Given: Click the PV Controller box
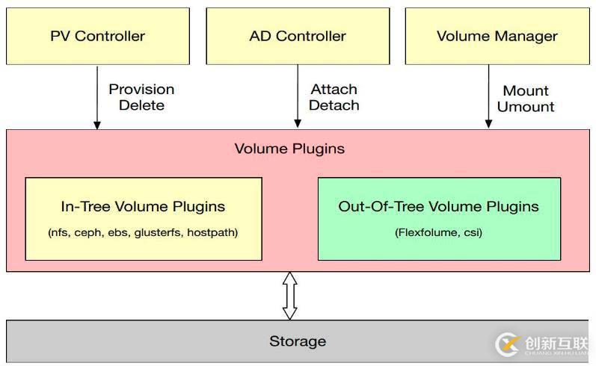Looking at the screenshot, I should coord(97,36).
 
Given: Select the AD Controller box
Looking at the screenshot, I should coord(298,36).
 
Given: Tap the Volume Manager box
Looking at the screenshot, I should coord(497,36).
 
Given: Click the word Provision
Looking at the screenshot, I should coord(141,89).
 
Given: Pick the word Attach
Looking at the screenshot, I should coord(334,89).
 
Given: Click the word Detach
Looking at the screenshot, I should coord(334,105).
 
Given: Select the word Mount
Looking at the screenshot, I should coord(526,90).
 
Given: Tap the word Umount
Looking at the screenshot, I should coord(526,107).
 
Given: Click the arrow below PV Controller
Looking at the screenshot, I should coord(96,97).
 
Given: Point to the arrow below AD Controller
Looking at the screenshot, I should coord(298,97).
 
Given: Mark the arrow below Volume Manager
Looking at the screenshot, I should coord(489,97).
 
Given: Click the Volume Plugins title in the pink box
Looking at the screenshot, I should coord(289,148).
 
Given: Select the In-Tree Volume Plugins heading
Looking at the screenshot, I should coord(143,206).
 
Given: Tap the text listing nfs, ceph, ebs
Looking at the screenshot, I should coord(143,232).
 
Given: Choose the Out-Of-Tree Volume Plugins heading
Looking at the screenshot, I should coord(438,206).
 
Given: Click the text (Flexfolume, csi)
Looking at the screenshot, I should coord(438,232).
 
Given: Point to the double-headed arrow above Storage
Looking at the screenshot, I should coord(289,296).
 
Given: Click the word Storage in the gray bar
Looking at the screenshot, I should coord(298,341).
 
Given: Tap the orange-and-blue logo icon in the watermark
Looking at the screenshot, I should coord(508,344).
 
